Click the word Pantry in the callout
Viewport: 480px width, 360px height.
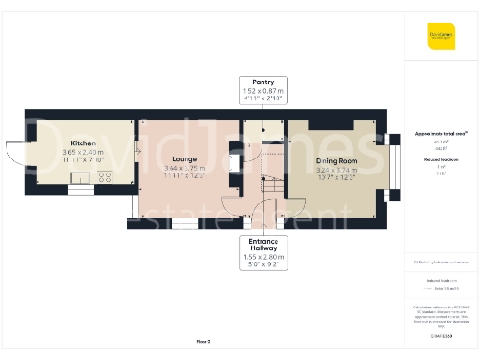[263, 82]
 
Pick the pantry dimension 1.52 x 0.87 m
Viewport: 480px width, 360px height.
[263, 90]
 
